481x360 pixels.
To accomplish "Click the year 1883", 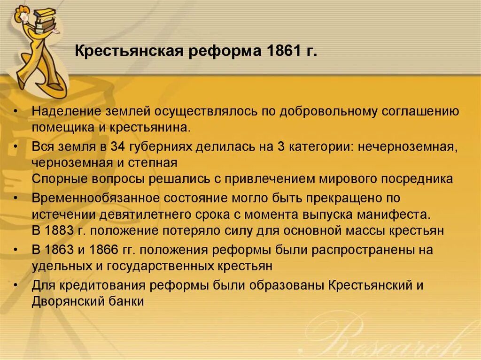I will (60, 231).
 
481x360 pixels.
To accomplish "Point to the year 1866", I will (99, 250).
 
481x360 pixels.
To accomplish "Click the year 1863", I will (60, 250).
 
